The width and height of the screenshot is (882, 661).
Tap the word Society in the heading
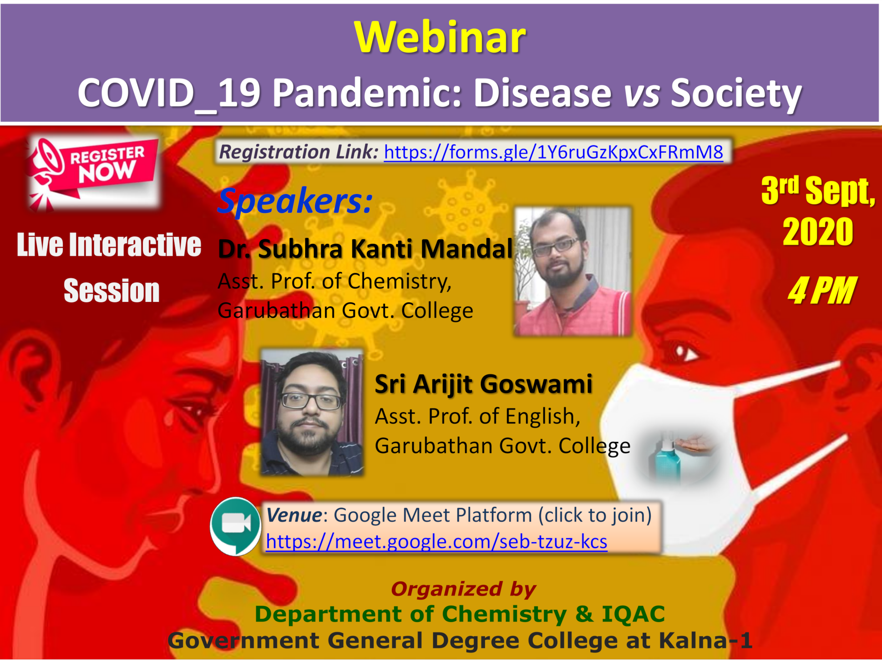(x=736, y=93)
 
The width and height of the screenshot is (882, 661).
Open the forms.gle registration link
(x=553, y=152)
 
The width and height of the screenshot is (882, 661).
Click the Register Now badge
(x=94, y=172)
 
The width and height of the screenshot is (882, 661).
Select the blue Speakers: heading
(x=295, y=201)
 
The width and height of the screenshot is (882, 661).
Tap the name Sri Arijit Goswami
(x=484, y=384)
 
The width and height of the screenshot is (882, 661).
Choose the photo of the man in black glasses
(x=312, y=412)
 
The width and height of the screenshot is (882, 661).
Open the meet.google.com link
(x=437, y=541)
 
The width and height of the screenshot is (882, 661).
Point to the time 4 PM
(x=822, y=291)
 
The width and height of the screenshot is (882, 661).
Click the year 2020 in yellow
(x=818, y=232)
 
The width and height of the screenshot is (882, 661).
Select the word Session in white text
(x=112, y=291)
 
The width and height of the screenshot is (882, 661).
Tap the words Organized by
(x=464, y=589)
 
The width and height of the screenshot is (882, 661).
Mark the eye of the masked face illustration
(x=686, y=352)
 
